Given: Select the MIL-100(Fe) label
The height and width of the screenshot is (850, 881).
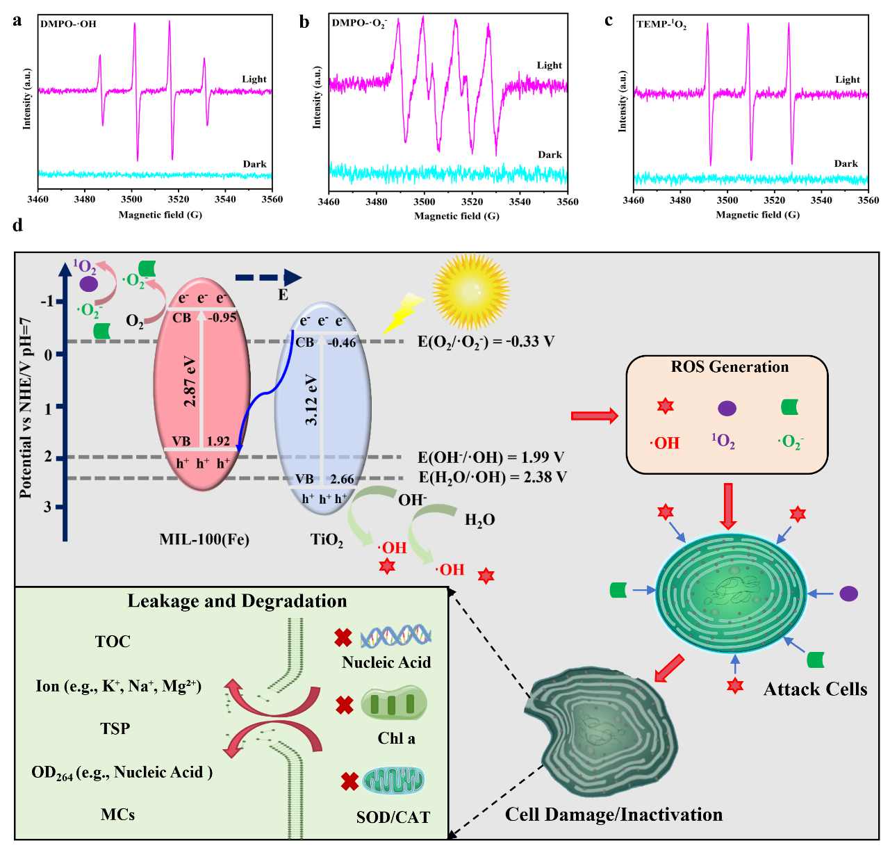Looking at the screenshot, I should coord(204,539).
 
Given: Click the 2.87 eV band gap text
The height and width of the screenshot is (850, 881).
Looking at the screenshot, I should coord(190,382).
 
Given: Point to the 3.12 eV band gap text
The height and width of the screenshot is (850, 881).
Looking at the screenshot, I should coord(311,400).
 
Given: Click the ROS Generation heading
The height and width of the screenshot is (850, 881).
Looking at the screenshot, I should coord(730,367).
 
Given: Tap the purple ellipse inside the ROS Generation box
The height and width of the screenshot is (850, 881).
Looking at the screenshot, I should coord(727,408).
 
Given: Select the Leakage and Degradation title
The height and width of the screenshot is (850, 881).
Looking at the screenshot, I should coord(237,601).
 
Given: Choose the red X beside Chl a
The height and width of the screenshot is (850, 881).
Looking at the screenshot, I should coord(345,705).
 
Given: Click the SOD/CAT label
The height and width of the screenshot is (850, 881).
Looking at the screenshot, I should coord(393,817).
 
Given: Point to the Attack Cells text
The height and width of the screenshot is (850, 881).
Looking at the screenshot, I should coord(815,689).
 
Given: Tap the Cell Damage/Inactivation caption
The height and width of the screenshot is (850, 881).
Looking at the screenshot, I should coord(614,815).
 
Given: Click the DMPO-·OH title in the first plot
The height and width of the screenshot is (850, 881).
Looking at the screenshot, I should coord(68,24).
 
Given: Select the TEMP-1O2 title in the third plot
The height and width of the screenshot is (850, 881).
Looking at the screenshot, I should coord(661,24).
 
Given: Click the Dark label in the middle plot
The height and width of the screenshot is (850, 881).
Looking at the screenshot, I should coord(550,155).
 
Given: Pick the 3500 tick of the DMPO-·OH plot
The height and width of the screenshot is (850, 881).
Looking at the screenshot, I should coord(131,199).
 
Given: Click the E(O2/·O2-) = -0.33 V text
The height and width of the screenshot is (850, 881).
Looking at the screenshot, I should coord(486,341).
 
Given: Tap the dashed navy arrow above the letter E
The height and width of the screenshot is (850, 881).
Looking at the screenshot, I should coord(268,278).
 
